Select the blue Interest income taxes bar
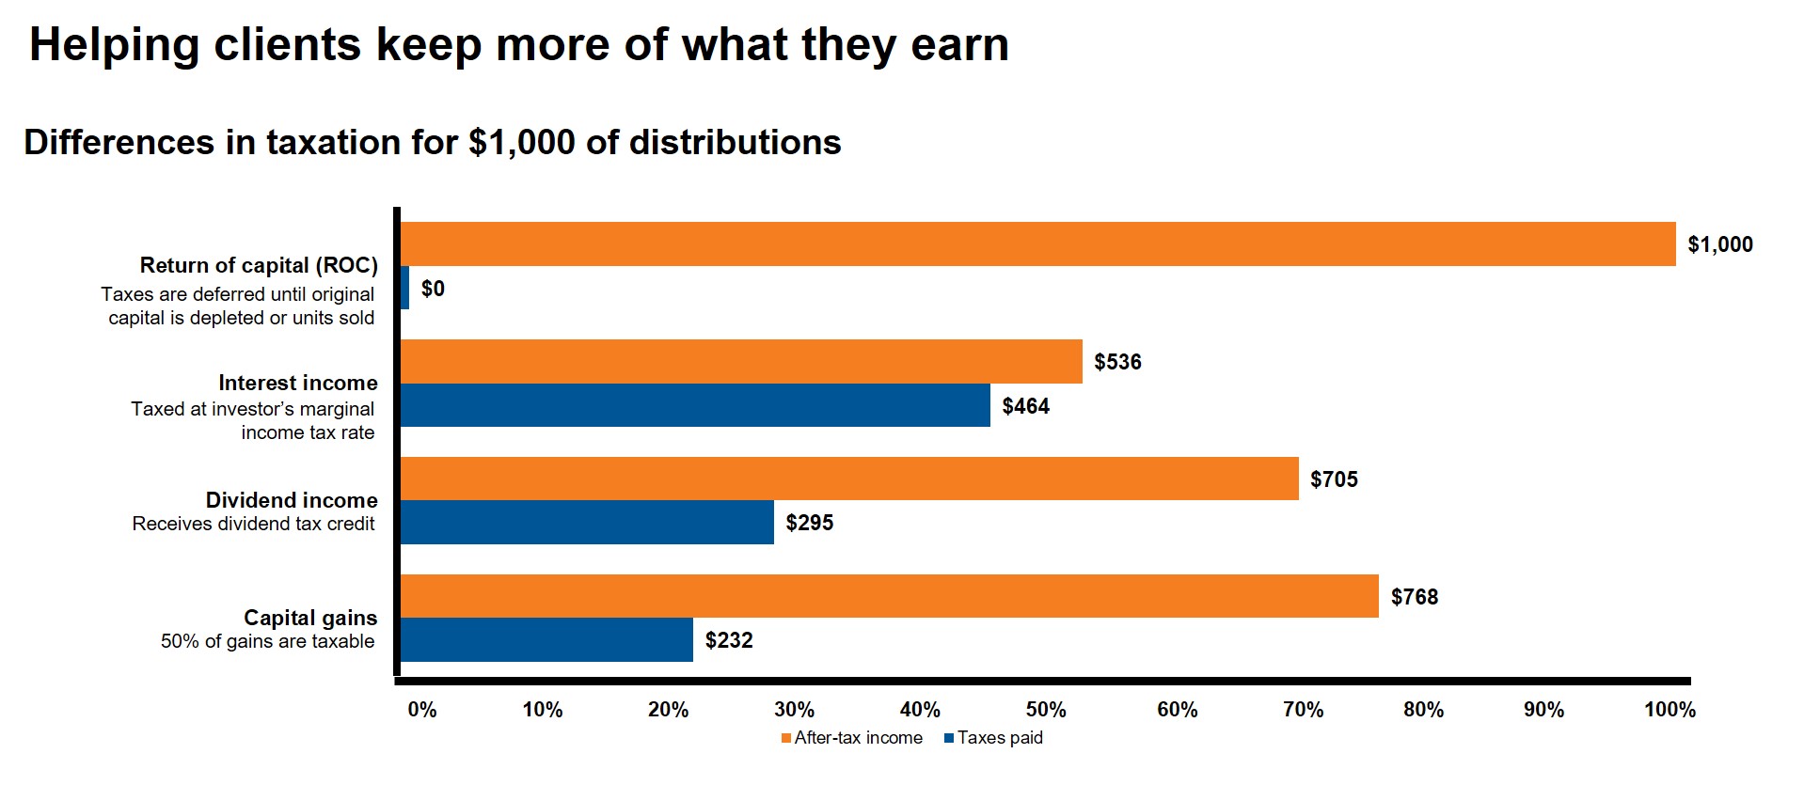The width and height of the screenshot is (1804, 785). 695,405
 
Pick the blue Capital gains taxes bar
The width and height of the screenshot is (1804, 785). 546,639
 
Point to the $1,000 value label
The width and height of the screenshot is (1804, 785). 1719,244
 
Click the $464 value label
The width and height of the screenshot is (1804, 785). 1025,406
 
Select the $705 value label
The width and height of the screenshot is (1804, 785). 1334,479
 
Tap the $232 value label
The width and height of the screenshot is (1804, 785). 729,640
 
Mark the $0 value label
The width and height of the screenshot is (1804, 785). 433,289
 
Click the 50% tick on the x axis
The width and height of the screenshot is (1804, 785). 1046,710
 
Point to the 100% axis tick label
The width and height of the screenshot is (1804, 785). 1669,710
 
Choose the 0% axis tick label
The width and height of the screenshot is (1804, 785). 422,710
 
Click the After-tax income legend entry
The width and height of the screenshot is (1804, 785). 852,738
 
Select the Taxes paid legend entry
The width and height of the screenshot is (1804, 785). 994,738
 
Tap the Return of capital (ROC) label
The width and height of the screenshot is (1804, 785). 259,265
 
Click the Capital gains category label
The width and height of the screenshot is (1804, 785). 310,618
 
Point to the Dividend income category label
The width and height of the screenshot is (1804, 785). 292,500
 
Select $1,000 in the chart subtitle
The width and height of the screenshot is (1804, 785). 521,143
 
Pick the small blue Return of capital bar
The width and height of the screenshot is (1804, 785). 404,288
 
